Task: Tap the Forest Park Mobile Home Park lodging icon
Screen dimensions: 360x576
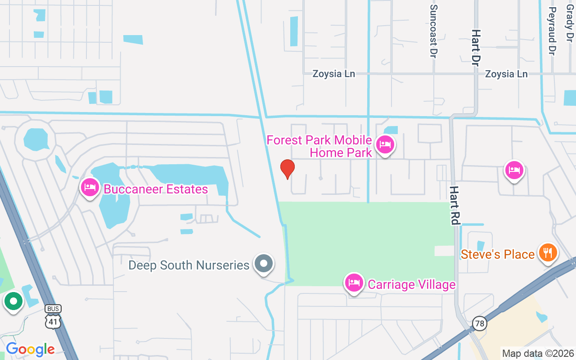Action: point(385,144)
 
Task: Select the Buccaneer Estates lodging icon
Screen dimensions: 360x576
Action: point(90,187)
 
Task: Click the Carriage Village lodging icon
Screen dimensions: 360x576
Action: point(354,283)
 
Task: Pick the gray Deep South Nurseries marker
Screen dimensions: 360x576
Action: point(264,263)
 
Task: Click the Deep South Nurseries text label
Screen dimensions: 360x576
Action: point(189,265)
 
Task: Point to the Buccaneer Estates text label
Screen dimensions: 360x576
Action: point(156,189)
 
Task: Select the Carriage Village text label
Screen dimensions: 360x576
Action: point(411,284)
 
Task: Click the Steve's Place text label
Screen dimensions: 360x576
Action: point(497,254)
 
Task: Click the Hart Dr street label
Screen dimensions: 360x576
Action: point(476,48)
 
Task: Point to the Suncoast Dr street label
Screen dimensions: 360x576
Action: point(434,31)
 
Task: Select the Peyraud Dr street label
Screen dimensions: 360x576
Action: point(553,31)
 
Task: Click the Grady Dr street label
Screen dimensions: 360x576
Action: point(570,22)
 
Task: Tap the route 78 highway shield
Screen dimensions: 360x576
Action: point(480,323)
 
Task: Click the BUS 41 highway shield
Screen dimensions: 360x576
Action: point(53,316)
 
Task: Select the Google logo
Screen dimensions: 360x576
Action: point(30,349)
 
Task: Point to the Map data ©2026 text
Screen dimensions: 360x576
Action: point(538,353)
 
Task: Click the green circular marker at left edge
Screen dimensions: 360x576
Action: point(13,301)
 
